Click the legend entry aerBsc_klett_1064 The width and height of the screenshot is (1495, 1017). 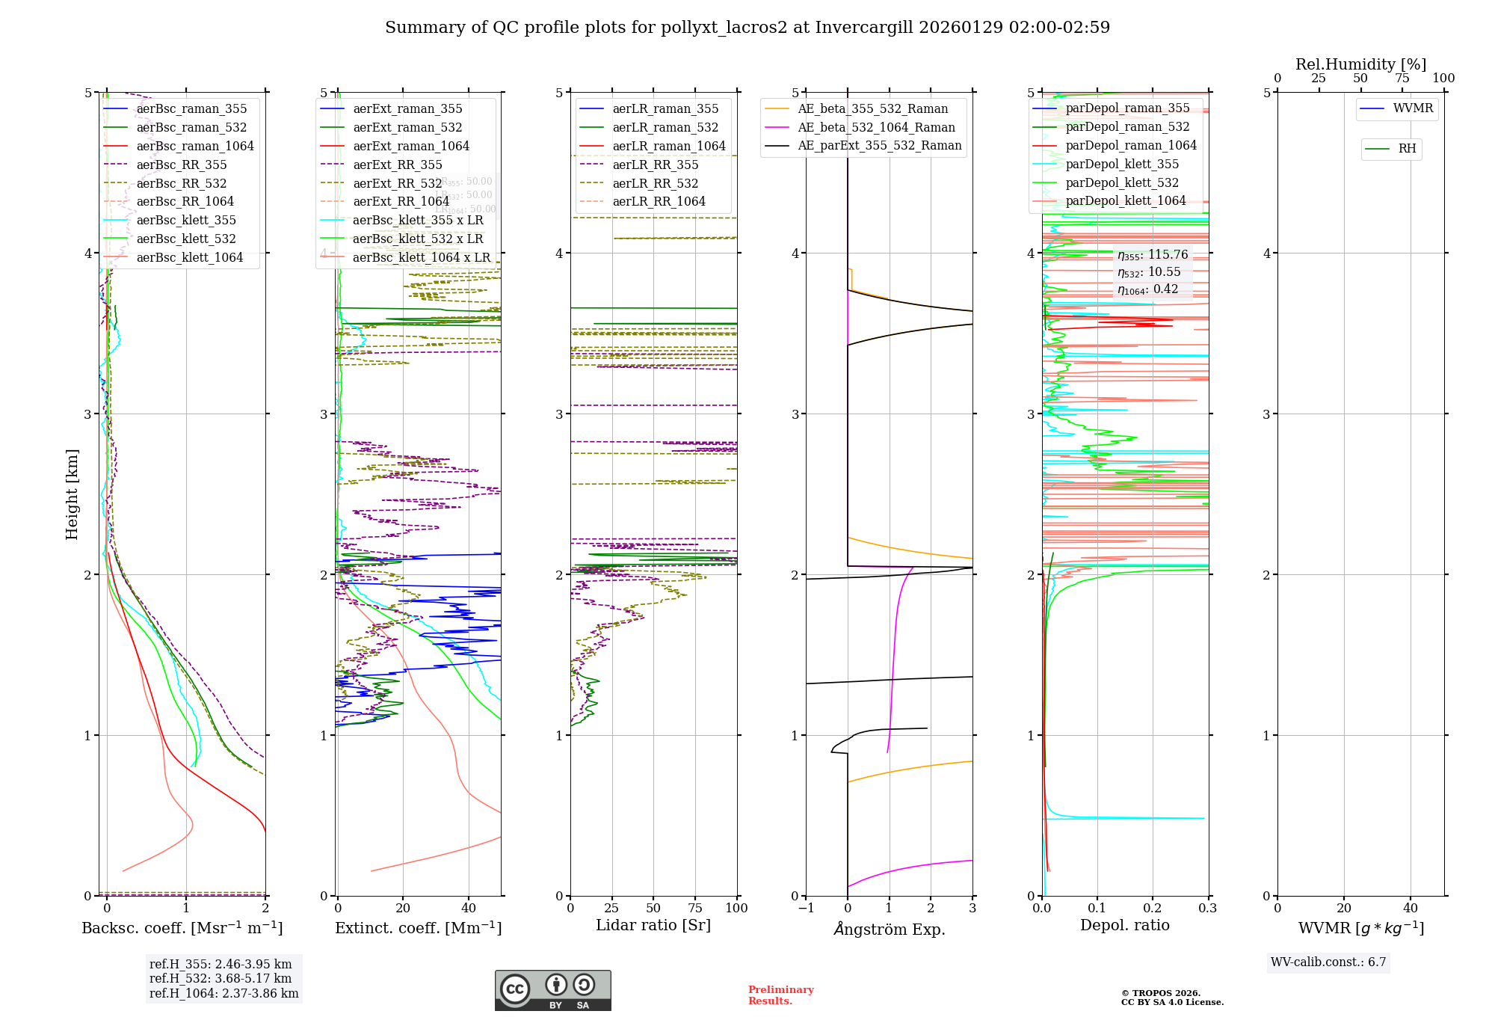pyautogui.click(x=189, y=257)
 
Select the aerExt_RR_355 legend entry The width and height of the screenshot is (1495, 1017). pyautogui.click(x=397, y=165)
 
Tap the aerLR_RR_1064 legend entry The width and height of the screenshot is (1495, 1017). pyautogui.click(x=659, y=201)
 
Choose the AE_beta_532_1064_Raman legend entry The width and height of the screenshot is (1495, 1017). pyautogui.click(x=876, y=127)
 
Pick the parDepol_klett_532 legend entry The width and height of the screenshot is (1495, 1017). pyautogui.click(x=1121, y=182)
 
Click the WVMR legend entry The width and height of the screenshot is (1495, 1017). pyautogui.click(x=1413, y=108)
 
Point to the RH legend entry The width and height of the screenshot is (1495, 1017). pyautogui.click(x=1407, y=149)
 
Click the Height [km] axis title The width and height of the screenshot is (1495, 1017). pyautogui.click(x=72, y=494)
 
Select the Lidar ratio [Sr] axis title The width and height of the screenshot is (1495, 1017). pyautogui.click(x=653, y=925)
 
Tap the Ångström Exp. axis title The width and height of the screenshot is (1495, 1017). pyautogui.click(x=889, y=929)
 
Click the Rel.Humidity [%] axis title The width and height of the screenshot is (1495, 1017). pyautogui.click(x=1360, y=64)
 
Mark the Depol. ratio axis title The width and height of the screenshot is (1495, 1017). pyautogui.click(x=1124, y=925)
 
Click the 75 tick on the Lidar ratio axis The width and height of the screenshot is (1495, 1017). pyautogui.click(x=695, y=908)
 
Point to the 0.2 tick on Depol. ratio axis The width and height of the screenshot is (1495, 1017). pyautogui.click(x=1153, y=908)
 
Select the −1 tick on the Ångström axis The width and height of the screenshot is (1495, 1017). pyautogui.click(x=806, y=908)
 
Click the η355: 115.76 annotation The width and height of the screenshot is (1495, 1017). pyautogui.click(x=1152, y=255)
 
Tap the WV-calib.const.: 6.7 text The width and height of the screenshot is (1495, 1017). pyautogui.click(x=1328, y=962)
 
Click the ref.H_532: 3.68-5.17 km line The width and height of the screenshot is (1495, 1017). pyautogui.click(x=220, y=978)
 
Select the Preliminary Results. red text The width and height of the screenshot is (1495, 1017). pyautogui.click(x=780, y=995)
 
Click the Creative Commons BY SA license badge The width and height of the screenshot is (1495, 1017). pyautogui.click(x=552, y=990)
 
